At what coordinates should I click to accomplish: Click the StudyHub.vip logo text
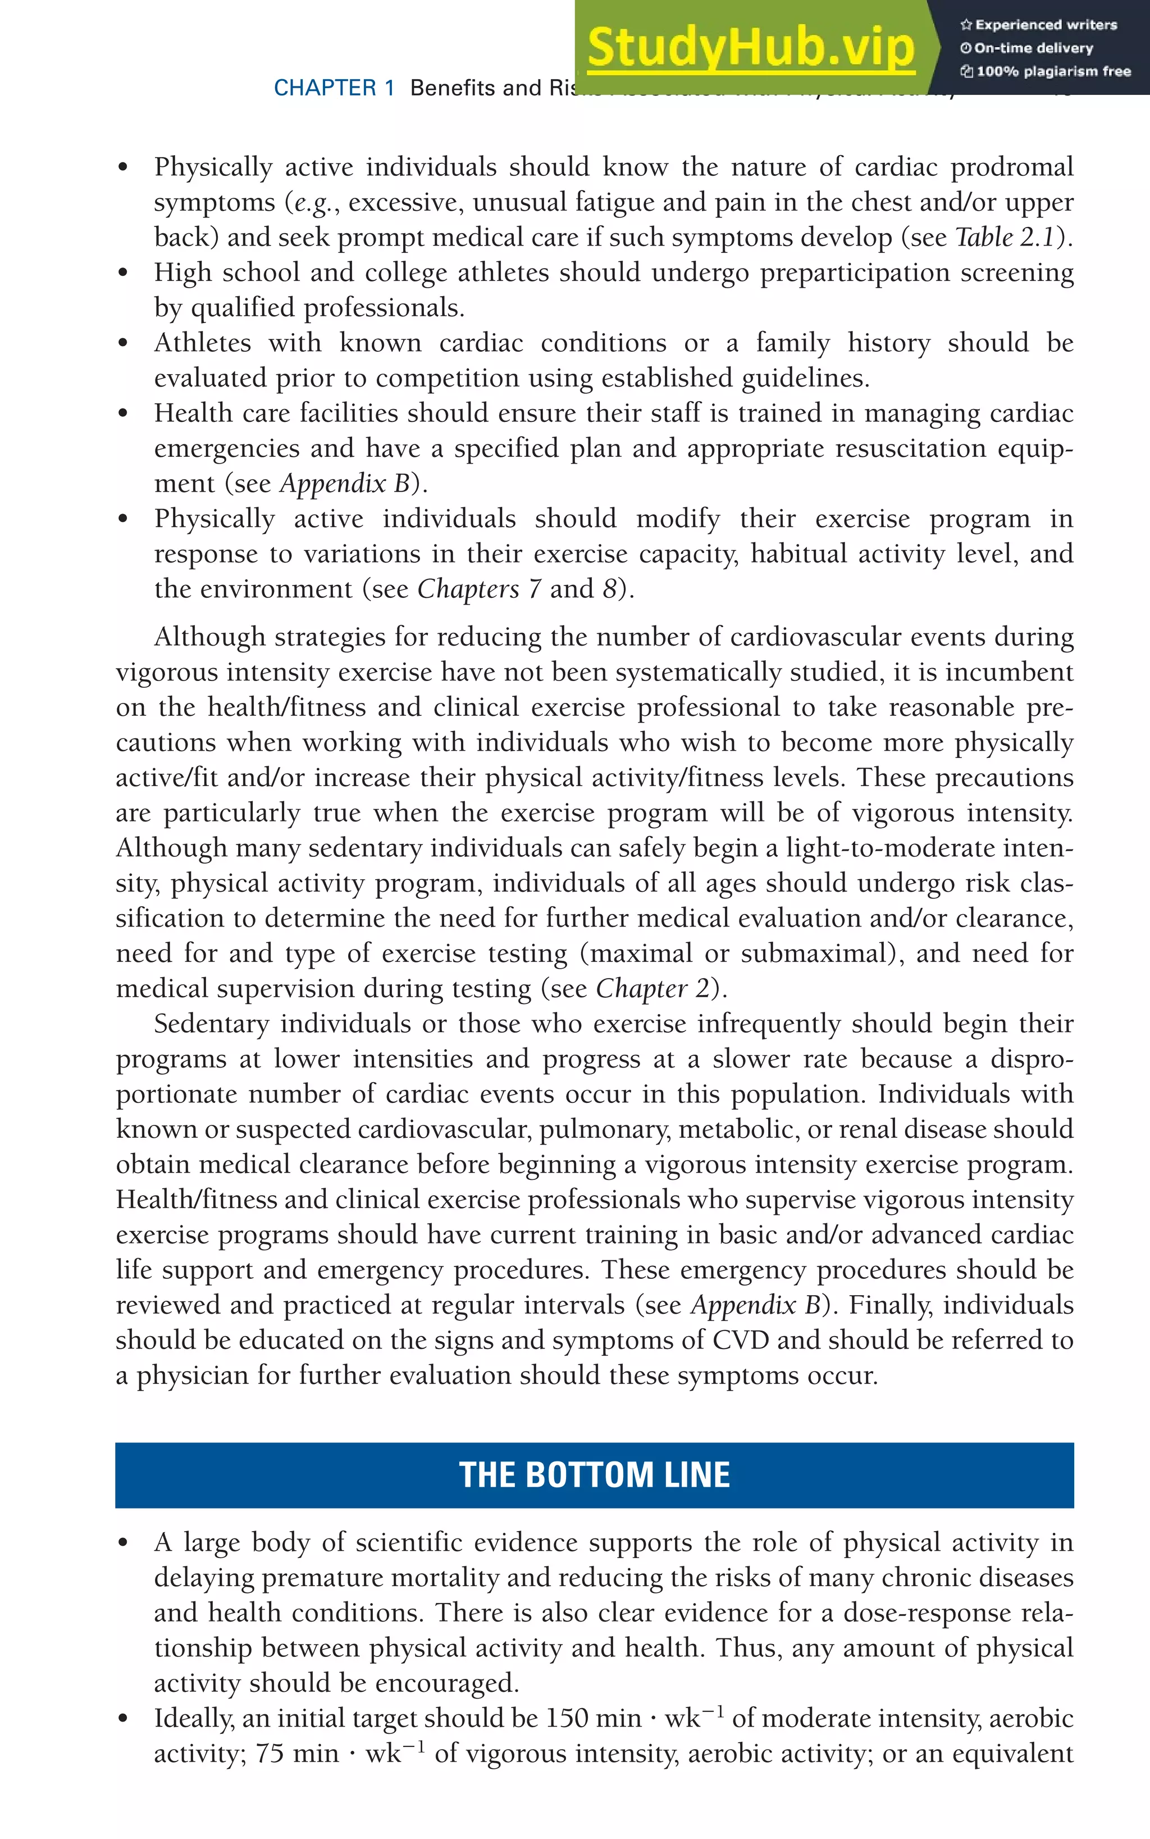click(751, 47)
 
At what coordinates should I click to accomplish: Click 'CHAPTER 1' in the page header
click(334, 88)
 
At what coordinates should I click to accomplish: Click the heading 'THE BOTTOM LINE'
click(594, 1474)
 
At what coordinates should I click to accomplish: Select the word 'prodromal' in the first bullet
click(1011, 167)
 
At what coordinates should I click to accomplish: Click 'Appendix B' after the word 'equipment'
click(345, 483)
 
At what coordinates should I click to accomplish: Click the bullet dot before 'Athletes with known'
click(123, 343)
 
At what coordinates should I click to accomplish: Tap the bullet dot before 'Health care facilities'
click(123, 413)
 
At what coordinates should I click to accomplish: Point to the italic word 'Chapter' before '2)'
click(641, 988)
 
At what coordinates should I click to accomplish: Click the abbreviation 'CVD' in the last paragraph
click(741, 1340)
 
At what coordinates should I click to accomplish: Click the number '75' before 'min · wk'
click(269, 1753)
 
